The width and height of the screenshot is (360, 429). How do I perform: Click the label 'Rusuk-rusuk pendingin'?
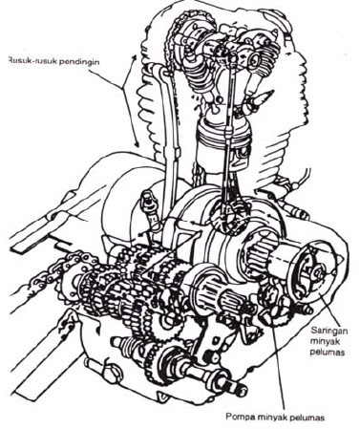pyautogui.click(x=53, y=60)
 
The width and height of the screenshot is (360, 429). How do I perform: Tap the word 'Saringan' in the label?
pyautogui.click(x=328, y=330)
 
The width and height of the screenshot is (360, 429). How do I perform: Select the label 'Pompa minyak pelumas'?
pyautogui.click(x=275, y=417)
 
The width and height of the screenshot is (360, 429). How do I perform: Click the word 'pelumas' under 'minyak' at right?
pyautogui.click(x=328, y=353)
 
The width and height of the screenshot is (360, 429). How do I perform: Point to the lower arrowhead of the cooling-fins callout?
pyautogui.click(x=138, y=144)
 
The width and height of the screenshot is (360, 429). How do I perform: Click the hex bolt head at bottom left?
pyautogui.click(x=112, y=375)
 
